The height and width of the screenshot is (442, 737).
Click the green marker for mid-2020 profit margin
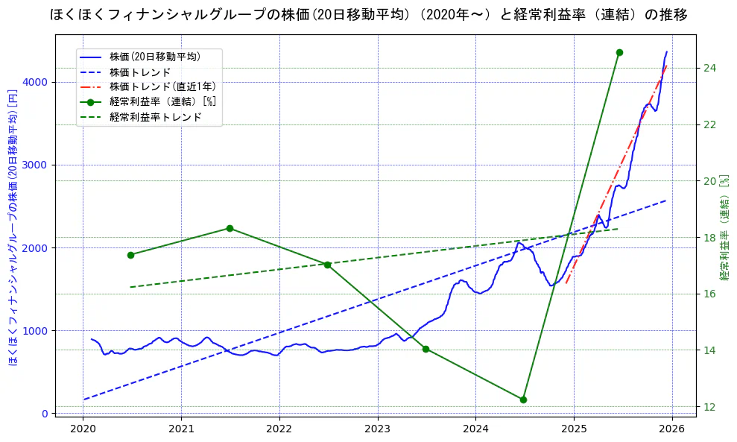click(130, 255)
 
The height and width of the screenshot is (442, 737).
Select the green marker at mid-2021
click(230, 228)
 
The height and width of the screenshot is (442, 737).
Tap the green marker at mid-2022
click(327, 265)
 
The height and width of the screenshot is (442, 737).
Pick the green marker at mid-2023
click(426, 349)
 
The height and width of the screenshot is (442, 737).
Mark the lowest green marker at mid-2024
click(523, 400)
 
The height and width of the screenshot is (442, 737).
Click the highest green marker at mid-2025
click(619, 52)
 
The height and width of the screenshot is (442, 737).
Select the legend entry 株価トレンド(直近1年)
click(159, 86)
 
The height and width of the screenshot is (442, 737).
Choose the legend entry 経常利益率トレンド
click(155, 117)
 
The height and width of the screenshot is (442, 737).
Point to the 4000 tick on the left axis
click(36, 82)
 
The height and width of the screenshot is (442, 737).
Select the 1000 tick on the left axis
click(36, 330)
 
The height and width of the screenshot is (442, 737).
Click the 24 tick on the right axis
click(709, 68)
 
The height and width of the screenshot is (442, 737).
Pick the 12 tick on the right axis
click(709, 406)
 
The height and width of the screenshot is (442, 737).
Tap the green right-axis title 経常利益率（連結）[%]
click(724, 227)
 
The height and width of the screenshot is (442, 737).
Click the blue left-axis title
click(13, 227)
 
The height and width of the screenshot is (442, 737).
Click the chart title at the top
click(368, 15)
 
